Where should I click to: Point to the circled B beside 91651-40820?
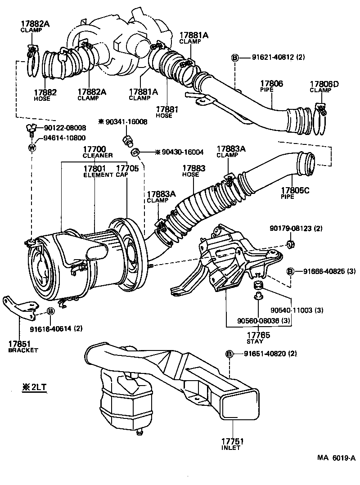pyautogui.click(x=230, y=354)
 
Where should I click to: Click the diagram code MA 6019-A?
pyautogui.click(x=336, y=458)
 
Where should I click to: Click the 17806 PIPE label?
pyautogui.click(x=271, y=86)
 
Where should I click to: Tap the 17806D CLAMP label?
pyautogui.click(x=320, y=86)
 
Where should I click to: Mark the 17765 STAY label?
pyautogui.click(x=258, y=337)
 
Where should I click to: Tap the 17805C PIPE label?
pyautogui.click(x=295, y=193)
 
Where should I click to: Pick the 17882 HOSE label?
pyautogui.click(x=45, y=95)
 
